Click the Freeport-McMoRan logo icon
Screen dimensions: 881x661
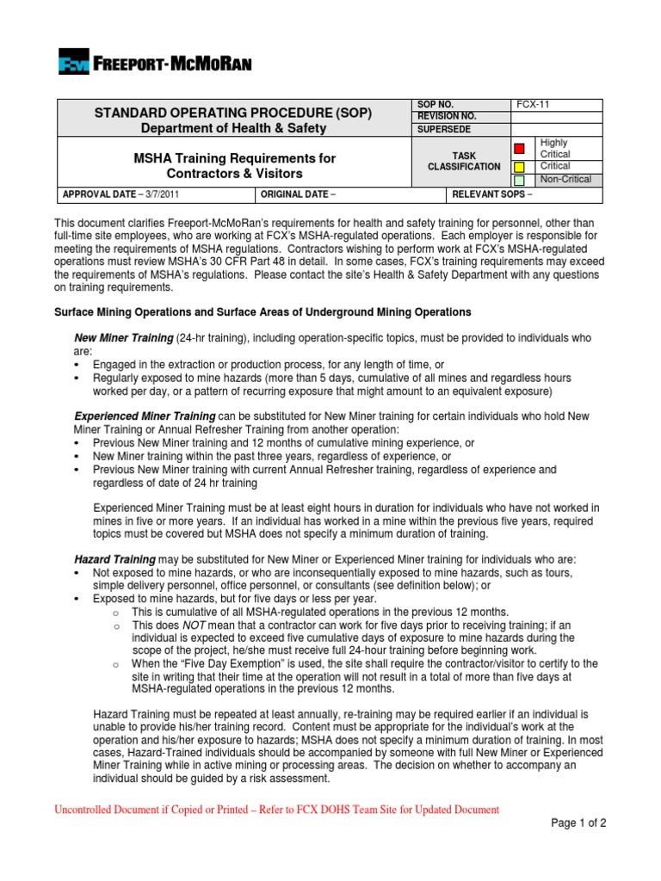pyautogui.click(x=74, y=63)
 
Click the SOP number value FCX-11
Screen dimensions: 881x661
pyautogui.click(x=533, y=104)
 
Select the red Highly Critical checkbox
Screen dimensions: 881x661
pyautogui.click(x=519, y=148)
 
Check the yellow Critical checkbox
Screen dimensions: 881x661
pyautogui.click(x=519, y=165)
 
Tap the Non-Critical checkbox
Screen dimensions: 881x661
pyautogui.click(x=519, y=181)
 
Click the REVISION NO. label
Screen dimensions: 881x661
pyautogui.click(x=447, y=116)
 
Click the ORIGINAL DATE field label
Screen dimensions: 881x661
pyautogui.click(x=297, y=194)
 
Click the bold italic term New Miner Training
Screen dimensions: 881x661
pyautogui.click(x=124, y=339)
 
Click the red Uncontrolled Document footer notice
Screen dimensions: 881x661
pyautogui.click(x=276, y=810)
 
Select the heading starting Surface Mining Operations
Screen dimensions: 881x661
pyautogui.click(x=263, y=311)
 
